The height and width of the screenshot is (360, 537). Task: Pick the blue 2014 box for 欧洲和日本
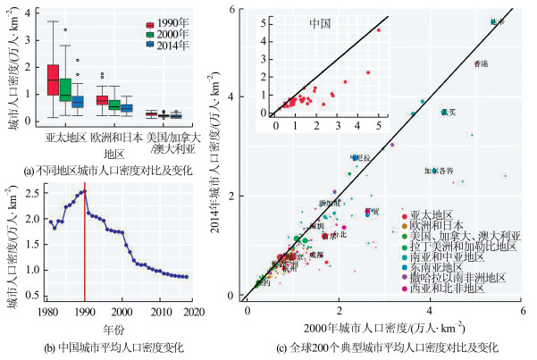click(x=127, y=108)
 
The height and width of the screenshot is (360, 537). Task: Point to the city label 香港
click(x=481, y=63)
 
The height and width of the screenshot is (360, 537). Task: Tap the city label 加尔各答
click(x=439, y=171)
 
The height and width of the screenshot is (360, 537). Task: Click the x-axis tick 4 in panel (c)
click(x=431, y=310)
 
